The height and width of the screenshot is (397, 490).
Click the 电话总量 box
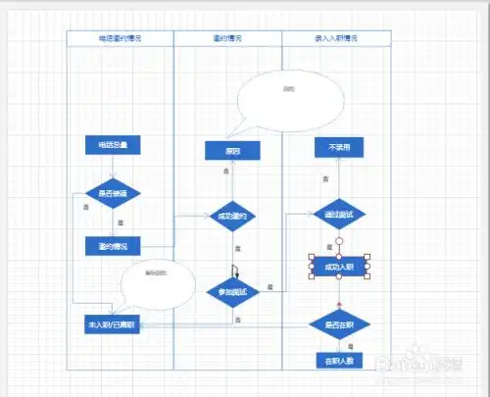click(x=113, y=146)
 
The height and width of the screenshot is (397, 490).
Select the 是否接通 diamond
click(x=113, y=192)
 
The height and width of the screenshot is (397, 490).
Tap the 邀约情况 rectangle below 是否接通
click(x=113, y=244)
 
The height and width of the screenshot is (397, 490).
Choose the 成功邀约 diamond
click(x=232, y=217)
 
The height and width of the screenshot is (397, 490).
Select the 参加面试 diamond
click(x=232, y=291)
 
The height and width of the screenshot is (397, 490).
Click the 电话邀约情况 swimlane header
click(x=120, y=38)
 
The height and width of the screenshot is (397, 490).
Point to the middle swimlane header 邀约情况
click(x=227, y=38)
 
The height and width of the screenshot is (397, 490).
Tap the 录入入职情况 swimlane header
click(x=336, y=38)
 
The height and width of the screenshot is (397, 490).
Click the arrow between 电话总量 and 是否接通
click(x=113, y=166)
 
